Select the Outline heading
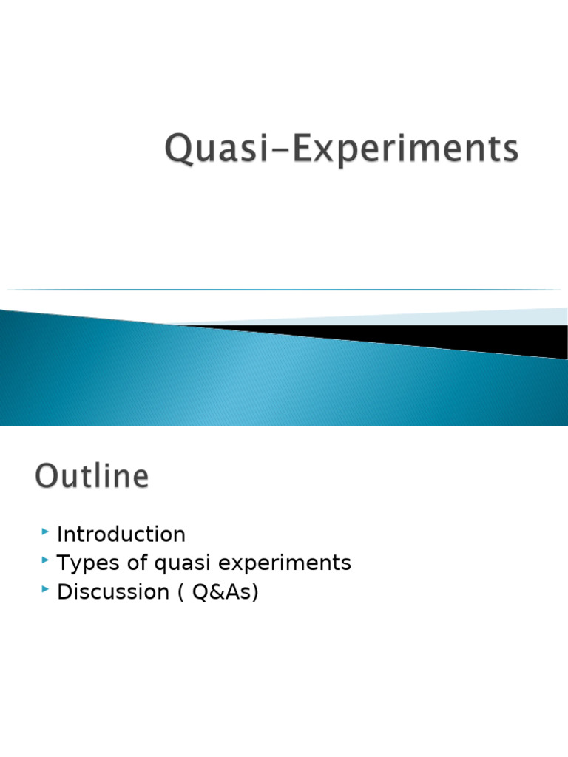[91, 475]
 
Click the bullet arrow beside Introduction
[47, 532]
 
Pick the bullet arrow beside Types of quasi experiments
[47, 562]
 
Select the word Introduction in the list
[121, 534]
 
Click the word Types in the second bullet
[81, 563]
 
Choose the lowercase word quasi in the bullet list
[177, 564]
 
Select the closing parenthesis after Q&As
[255, 593]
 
